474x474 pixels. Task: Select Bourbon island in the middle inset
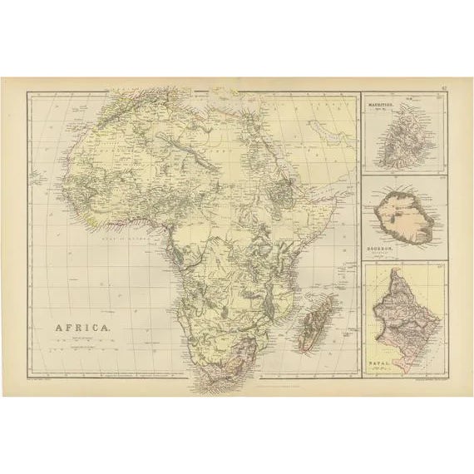point(403,216)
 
